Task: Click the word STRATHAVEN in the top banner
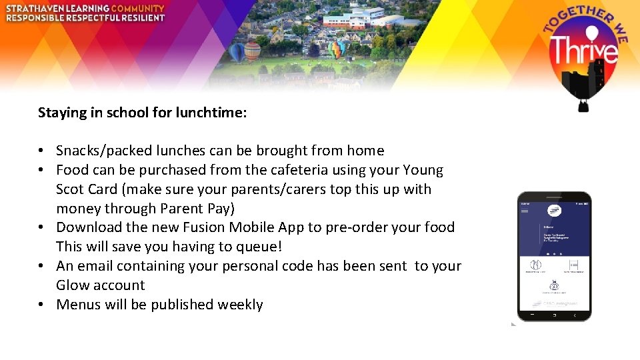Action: tap(36, 8)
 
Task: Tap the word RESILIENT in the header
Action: tap(138, 18)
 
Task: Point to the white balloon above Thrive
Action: tap(584, 33)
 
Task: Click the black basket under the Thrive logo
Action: tap(583, 105)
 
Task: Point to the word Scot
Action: tap(70, 189)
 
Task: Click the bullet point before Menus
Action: tap(41, 305)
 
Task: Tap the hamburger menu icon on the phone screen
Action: tap(525, 211)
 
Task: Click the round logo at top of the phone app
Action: tap(554, 211)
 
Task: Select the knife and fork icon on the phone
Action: tap(535, 265)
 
